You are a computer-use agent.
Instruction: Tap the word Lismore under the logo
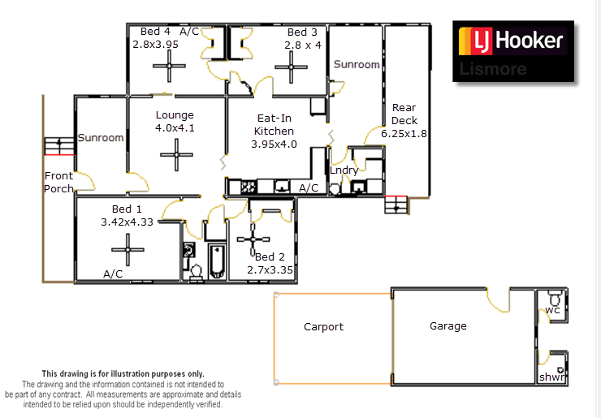[x=492, y=69]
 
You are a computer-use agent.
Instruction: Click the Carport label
[x=323, y=327]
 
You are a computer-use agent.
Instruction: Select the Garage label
[x=448, y=326]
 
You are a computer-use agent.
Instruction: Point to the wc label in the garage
[x=552, y=310]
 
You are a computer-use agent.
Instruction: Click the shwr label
[x=552, y=378]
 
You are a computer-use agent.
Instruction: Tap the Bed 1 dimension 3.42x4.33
[x=127, y=221]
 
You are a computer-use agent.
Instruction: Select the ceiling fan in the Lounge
[x=175, y=153]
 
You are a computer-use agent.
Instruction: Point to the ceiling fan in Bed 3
[x=289, y=71]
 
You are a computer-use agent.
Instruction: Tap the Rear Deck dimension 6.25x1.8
[x=404, y=133]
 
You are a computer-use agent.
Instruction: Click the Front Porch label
[x=58, y=182]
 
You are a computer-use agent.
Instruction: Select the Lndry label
[x=344, y=170]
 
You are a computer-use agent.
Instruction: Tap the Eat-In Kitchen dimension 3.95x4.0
[x=274, y=144]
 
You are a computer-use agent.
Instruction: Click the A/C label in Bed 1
[x=113, y=274]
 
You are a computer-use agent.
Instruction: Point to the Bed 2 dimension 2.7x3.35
[x=269, y=270]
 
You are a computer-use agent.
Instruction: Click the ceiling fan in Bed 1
[x=128, y=244]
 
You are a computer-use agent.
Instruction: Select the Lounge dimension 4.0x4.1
[x=175, y=127]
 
